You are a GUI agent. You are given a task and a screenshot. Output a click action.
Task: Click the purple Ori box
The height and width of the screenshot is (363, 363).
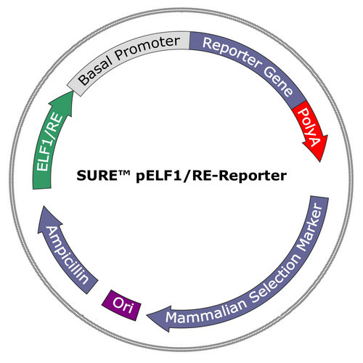click(x=121, y=305)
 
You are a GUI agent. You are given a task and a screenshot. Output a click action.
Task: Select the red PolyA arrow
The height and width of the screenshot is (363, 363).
click(x=311, y=129)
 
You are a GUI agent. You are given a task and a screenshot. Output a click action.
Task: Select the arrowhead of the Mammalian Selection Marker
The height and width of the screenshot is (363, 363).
click(x=158, y=317)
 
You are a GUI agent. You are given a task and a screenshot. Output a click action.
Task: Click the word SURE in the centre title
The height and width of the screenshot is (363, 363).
click(x=97, y=176)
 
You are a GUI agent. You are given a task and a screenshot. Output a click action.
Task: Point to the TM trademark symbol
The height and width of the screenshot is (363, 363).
click(x=125, y=173)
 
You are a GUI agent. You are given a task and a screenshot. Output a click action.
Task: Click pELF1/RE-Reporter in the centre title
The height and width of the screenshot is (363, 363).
click(x=211, y=176)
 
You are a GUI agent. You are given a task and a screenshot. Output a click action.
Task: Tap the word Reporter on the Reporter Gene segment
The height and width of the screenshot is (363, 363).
click(x=231, y=52)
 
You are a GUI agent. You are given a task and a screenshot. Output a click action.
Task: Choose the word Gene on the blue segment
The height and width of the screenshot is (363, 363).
click(x=278, y=82)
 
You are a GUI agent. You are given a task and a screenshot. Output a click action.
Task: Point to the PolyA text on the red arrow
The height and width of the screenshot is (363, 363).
click(x=310, y=127)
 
